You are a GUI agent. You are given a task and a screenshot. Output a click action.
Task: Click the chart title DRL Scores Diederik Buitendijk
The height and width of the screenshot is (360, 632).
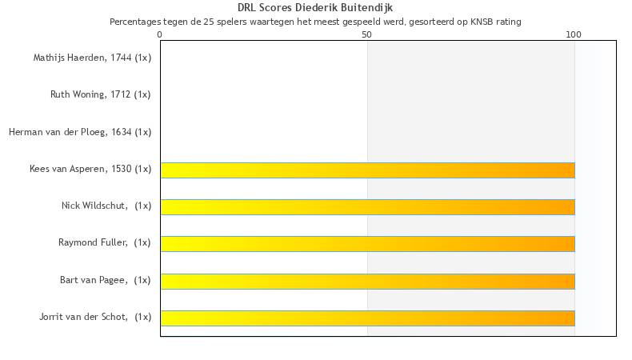click(315, 8)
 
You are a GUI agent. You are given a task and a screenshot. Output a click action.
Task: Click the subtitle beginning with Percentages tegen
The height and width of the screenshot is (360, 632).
click(315, 22)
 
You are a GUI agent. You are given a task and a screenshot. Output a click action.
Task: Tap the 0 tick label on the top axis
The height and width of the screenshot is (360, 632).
click(160, 34)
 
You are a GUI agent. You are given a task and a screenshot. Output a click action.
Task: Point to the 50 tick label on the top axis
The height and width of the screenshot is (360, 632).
click(367, 34)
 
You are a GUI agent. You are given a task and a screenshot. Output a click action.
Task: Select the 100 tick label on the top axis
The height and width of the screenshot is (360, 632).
click(574, 34)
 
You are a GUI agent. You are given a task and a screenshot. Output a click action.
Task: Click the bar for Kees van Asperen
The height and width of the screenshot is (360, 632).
click(367, 170)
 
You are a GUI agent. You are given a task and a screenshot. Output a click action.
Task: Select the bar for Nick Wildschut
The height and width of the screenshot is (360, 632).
click(367, 206)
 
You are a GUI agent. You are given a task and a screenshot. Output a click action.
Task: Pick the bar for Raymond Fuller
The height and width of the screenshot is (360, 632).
click(367, 244)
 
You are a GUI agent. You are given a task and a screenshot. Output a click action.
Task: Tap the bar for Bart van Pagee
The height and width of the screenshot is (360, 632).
click(367, 281)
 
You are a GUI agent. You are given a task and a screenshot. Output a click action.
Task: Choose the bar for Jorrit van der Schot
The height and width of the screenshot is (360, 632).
click(367, 318)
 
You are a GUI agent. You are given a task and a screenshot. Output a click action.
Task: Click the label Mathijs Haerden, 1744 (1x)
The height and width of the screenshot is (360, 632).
click(92, 58)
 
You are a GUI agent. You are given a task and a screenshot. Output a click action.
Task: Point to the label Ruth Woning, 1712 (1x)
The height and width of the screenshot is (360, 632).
click(100, 94)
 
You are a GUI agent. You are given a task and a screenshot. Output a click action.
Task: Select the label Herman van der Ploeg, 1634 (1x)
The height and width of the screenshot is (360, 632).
click(80, 132)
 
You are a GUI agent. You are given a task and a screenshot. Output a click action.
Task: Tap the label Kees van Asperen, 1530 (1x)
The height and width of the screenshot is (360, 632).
click(90, 169)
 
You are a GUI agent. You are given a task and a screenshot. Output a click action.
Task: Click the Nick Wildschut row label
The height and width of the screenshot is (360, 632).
click(106, 206)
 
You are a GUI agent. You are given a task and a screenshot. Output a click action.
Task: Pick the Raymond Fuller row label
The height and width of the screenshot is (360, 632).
click(104, 242)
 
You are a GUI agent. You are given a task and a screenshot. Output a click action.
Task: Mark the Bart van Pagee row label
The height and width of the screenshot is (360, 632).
click(105, 280)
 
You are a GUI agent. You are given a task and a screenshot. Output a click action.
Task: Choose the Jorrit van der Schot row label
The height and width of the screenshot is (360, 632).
click(94, 317)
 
